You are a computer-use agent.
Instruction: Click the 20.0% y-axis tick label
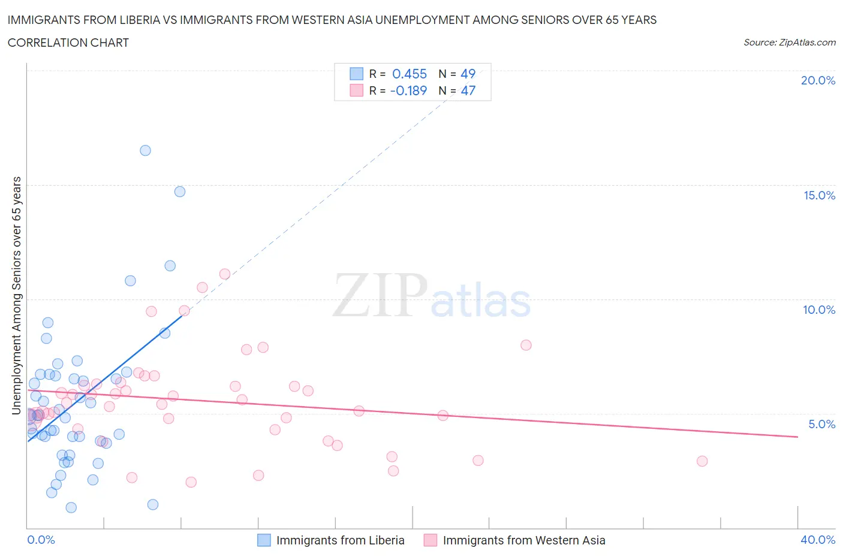tap(818, 80)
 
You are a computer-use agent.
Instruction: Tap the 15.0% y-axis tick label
tap(819, 195)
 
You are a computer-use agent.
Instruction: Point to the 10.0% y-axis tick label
tap(819, 310)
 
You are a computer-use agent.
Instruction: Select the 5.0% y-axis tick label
tap(821, 424)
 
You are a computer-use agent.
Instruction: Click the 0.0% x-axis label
tap(41, 540)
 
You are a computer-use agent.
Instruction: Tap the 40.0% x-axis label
tap(818, 540)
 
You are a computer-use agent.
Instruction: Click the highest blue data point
tap(145, 150)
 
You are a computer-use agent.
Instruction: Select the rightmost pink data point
tap(702, 461)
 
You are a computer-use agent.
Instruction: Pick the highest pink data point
tap(225, 274)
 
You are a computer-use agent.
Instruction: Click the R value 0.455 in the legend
tap(410, 74)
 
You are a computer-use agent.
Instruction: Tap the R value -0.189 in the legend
tap(408, 90)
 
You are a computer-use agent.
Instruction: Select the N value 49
tap(468, 74)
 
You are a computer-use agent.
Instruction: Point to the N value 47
tap(468, 90)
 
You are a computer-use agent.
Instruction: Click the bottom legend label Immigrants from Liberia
tap(340, 540)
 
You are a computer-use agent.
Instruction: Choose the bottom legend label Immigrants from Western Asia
tap(523, 540)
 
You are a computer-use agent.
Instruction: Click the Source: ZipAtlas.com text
tap(789, 43)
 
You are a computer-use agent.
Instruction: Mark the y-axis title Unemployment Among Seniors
tap(16, 295)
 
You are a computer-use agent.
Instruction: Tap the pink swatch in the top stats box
tap(357, 90)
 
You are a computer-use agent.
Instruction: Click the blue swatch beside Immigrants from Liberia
tap(264, 540)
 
